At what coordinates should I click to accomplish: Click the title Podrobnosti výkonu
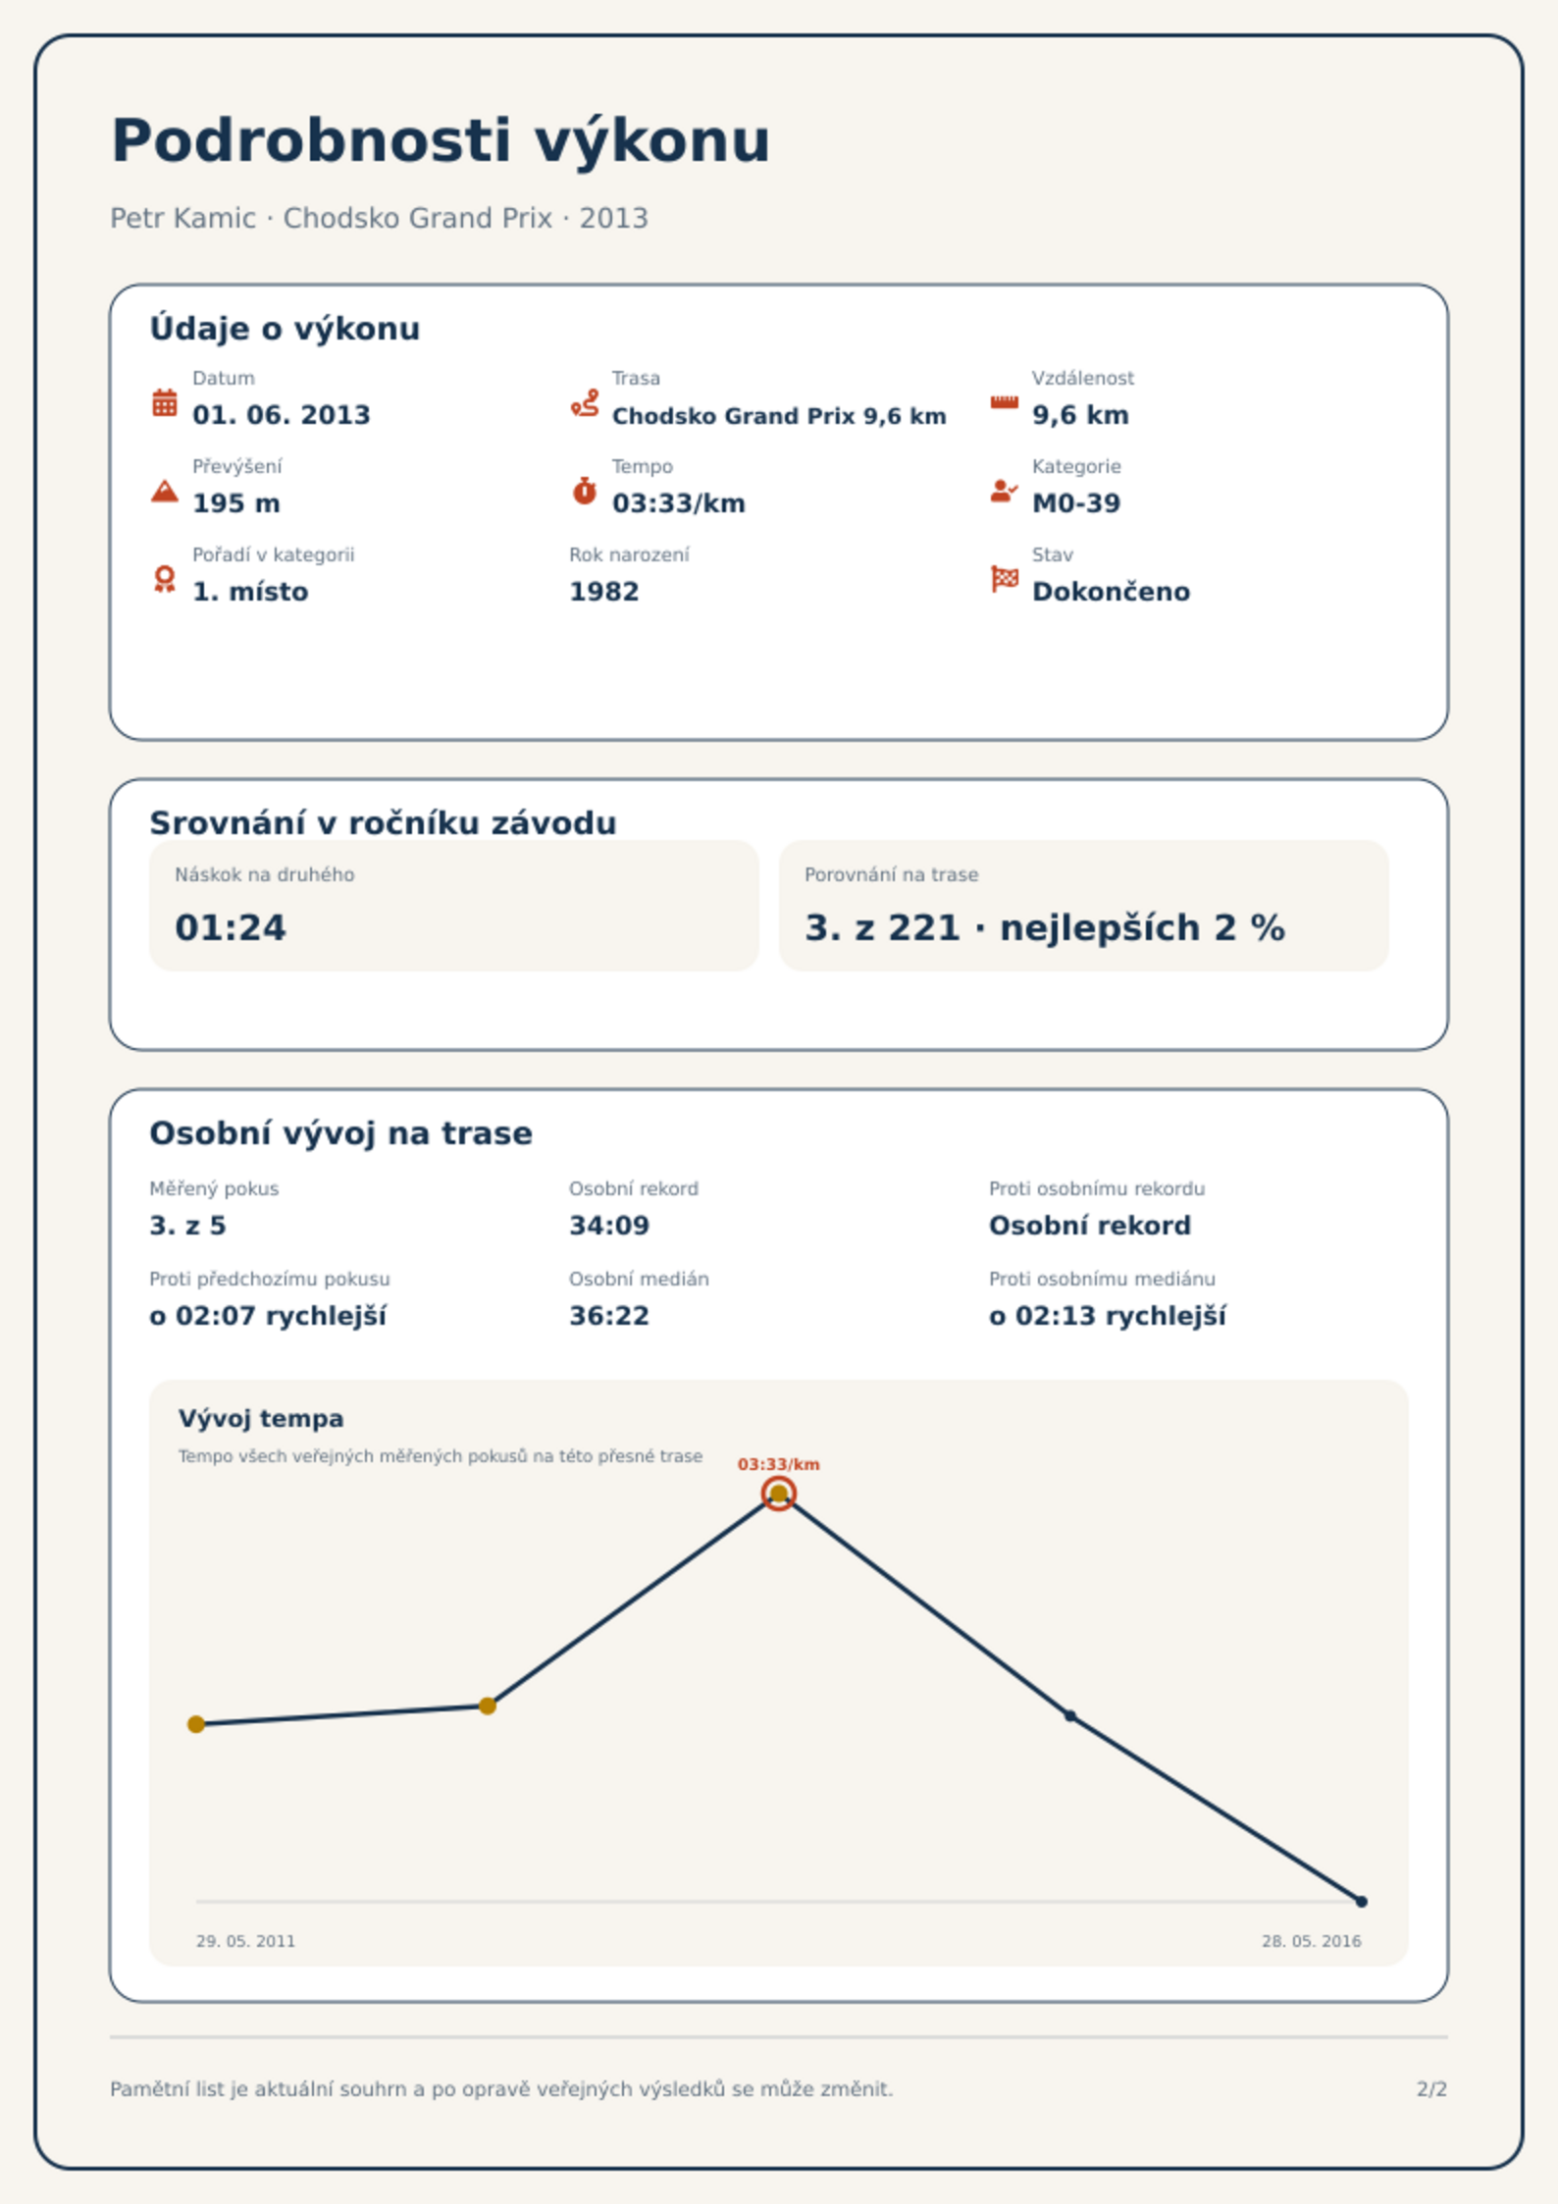(441, 141)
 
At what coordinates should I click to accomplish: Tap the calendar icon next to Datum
(165, 402)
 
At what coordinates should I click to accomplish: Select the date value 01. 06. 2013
(281, 415)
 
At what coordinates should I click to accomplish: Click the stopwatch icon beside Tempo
(585, 491)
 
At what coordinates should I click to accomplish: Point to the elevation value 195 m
(236, 503)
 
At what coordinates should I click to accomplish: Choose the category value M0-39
(1076, 503)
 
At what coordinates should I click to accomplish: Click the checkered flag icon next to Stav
(1005, 579)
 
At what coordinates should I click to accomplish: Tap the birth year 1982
(603, 592)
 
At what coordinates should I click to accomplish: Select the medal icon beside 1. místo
(165, 579)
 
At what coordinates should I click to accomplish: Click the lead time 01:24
(231, 928)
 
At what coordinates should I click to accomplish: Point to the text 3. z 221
(882, 928)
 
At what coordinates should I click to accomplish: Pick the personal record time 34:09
(609, 1226)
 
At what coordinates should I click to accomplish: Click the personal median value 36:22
(609, 1316)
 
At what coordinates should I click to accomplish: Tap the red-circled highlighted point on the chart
(778, 1494)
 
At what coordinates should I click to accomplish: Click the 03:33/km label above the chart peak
(779, 1464)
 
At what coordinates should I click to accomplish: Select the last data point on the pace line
(1361, 1902)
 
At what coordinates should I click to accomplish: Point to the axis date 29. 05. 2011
(245, 1941)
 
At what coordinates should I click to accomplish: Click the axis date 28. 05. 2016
(1312, 1941)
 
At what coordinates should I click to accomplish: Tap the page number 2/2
(1431, 2089)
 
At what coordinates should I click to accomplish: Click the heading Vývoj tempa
(261, 1419)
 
